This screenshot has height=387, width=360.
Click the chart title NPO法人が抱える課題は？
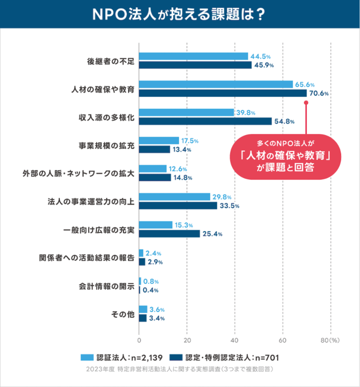180,14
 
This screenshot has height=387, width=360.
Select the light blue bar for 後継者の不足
193,56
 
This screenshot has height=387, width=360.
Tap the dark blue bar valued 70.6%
223,93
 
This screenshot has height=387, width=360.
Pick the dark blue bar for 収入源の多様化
205,121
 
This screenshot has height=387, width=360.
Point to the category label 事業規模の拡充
106,145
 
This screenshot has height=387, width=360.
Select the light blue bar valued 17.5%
159,141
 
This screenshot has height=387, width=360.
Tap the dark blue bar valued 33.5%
178,206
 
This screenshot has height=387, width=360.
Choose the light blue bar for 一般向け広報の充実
156,225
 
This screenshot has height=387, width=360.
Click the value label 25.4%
212,234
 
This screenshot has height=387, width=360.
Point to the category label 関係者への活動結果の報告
87,258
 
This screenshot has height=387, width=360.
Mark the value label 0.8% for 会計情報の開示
151,281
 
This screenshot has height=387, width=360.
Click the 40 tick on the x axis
235,340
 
